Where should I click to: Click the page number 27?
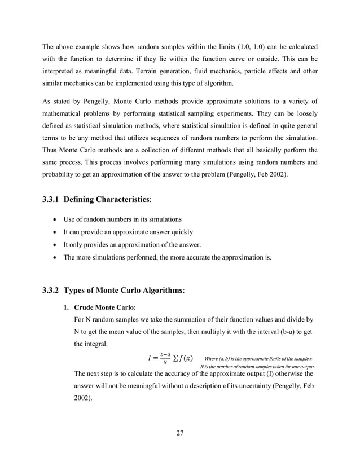point(180,433)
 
